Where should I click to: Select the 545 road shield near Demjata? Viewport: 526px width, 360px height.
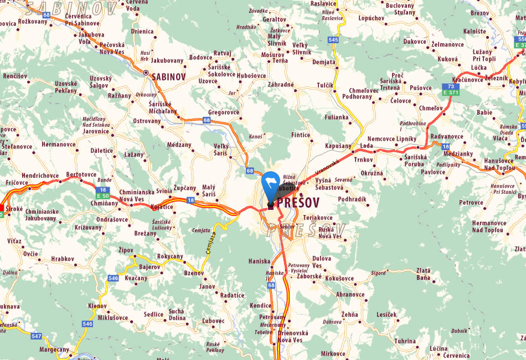click(x=333, y=40)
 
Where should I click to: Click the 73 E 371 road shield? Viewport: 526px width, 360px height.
click(x=451, y=89)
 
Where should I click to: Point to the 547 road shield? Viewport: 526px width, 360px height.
click(x=37, y=336)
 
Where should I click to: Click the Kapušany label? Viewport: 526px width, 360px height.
click(x=338, y=145)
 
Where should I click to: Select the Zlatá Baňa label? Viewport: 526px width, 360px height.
click(x=423, y=274)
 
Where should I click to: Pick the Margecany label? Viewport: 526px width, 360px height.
click(x=54, y=350)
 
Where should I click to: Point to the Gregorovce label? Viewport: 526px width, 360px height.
click(x=224, y=112)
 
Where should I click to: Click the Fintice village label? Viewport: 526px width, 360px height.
click(x=301, y=135)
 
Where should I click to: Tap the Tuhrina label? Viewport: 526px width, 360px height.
click(x=405, y=341)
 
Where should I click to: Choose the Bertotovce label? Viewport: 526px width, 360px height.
click(x=81, y=174)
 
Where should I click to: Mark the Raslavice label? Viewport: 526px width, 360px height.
click(x=323, y=3)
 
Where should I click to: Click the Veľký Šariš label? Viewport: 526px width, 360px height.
click(x=221, y=149)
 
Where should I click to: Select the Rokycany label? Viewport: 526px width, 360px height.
click(x=170, y=256)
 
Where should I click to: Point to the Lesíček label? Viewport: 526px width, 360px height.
click(x=386, y=315)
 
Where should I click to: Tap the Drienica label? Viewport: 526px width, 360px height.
click(x=142, y=32)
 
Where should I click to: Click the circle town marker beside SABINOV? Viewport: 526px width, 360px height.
click(x=146, y=73)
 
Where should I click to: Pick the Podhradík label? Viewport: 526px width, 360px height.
click(x=352, y=199)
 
